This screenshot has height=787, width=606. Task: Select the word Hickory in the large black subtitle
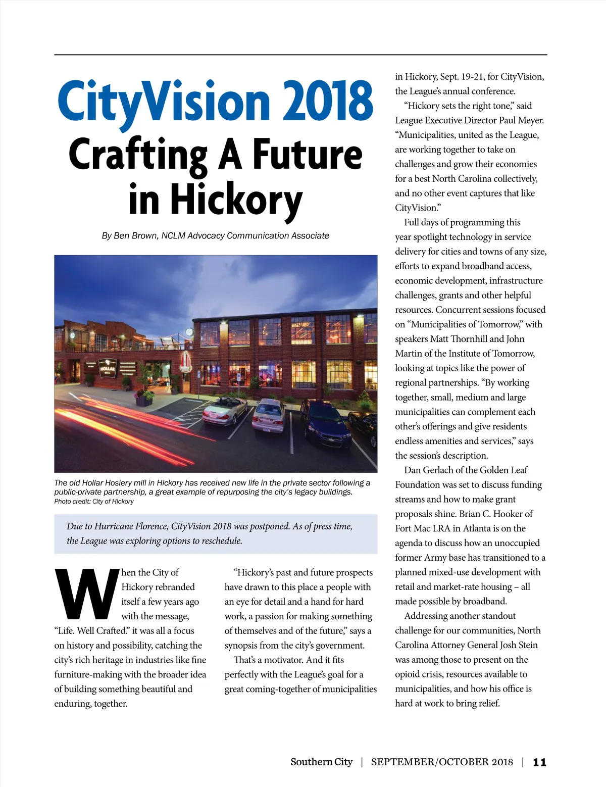coord(236,200)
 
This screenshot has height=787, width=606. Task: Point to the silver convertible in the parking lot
coord(225,411)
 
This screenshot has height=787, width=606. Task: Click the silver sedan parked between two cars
coord(269,415)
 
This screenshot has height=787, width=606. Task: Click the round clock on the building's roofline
coord(189,332)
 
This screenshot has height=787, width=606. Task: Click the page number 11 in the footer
coord(539,762)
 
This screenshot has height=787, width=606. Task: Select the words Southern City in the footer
coord(321,762)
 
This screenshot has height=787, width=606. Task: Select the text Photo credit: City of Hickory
coord(94,502)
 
